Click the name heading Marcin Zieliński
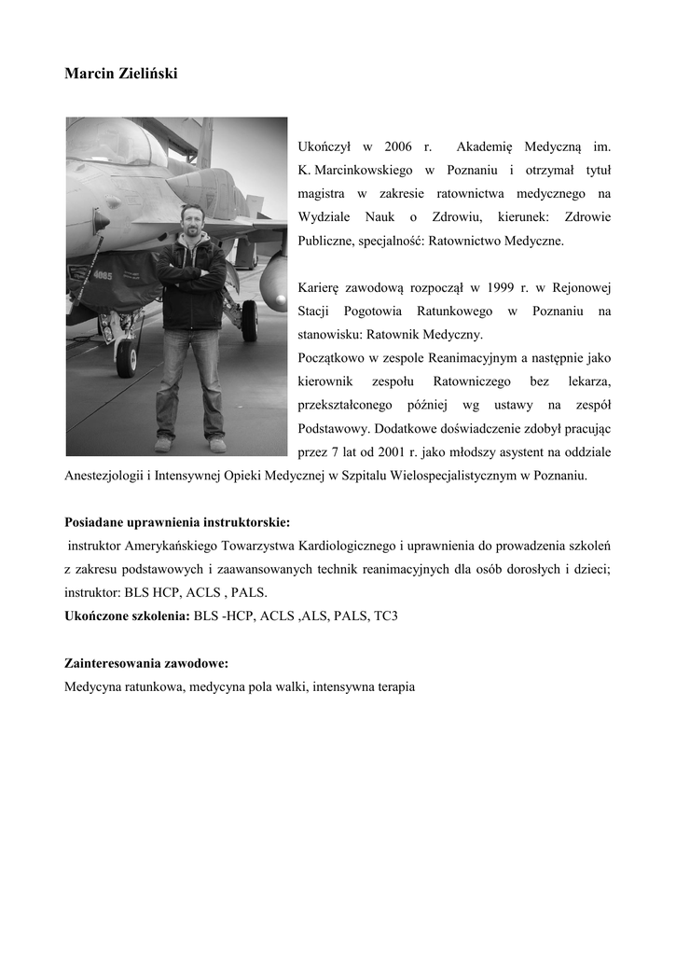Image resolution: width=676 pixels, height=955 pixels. tap(120, 72)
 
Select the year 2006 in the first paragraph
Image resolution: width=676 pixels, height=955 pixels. tap(397, 147)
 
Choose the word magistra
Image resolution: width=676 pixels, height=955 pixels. tap(322, 194)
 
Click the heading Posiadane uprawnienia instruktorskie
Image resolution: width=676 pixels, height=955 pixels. tap(177, 522)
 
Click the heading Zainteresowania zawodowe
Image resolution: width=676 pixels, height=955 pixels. tap(146, 664)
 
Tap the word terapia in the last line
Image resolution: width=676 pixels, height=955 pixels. tap(393, 687)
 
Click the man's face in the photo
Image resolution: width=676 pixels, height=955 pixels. tap(192, 221)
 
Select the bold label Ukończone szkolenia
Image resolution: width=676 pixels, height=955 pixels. tap(127, 617)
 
